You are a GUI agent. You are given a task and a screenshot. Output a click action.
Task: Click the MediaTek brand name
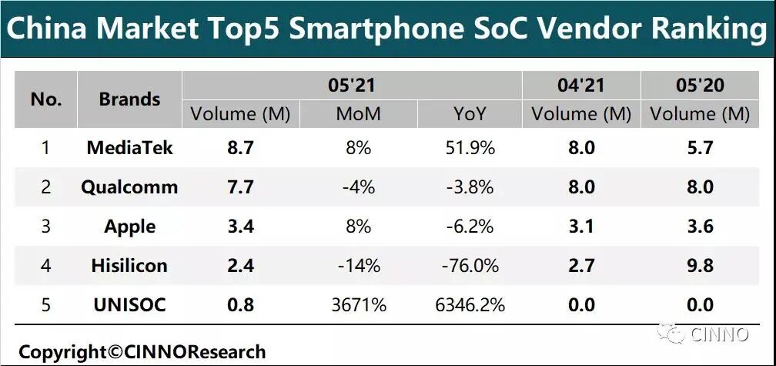[129, 147]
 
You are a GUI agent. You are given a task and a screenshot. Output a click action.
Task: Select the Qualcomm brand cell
[129, 186]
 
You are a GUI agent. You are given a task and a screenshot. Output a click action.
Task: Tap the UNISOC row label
[129, 304]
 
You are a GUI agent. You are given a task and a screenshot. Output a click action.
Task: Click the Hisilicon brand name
[129, 265]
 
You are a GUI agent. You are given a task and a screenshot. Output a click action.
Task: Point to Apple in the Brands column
[129, 227]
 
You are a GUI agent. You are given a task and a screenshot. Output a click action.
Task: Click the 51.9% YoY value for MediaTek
[469, 147]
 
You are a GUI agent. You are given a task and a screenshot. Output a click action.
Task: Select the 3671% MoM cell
[358, 304]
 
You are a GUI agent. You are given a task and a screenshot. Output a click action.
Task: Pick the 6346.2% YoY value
[469, 304]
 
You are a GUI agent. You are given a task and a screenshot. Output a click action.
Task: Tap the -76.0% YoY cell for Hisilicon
[469, 265]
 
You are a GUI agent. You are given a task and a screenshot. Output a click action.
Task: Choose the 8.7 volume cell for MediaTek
[239, 147]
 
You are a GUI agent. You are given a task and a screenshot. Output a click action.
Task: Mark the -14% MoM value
[358, 265]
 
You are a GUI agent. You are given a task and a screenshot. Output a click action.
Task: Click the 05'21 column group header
[352, 85]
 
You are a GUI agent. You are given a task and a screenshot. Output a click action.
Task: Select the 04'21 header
[581, 85]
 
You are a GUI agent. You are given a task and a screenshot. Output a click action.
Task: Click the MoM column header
[358, 115]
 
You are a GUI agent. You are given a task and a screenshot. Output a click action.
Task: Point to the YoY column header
[469, 115]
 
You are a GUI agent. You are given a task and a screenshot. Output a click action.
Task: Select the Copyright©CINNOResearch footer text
[142, 352]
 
